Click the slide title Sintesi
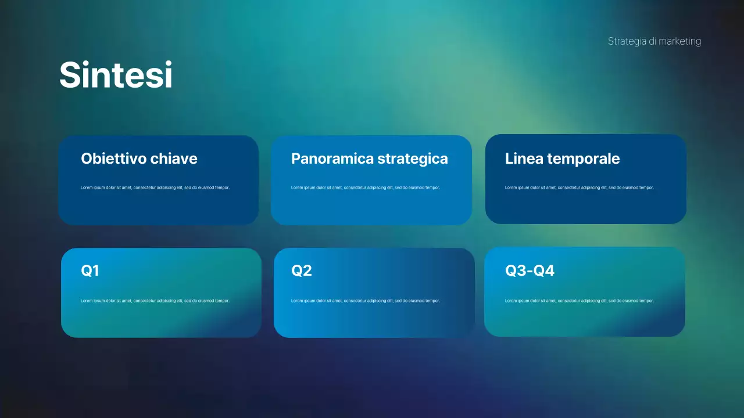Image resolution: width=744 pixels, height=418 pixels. click(116, 75)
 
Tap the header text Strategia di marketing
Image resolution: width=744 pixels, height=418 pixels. click(654, 41)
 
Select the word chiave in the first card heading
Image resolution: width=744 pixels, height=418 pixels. click(174, 158)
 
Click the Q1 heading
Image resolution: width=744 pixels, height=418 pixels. click(90, 271)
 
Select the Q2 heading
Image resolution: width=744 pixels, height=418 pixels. click(301, 271)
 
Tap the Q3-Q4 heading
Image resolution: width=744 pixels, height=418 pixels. click(530, 271)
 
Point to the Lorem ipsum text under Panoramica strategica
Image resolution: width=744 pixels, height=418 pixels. click(365, 188)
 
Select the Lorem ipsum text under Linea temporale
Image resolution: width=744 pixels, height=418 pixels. click(579, 188)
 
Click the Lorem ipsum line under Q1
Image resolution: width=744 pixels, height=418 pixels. click(155, 301)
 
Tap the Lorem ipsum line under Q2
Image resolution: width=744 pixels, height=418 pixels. click(365, 301)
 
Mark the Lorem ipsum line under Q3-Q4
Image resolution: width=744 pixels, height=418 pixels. click(579, 301)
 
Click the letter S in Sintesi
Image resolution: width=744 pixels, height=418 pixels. click(70, 75)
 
